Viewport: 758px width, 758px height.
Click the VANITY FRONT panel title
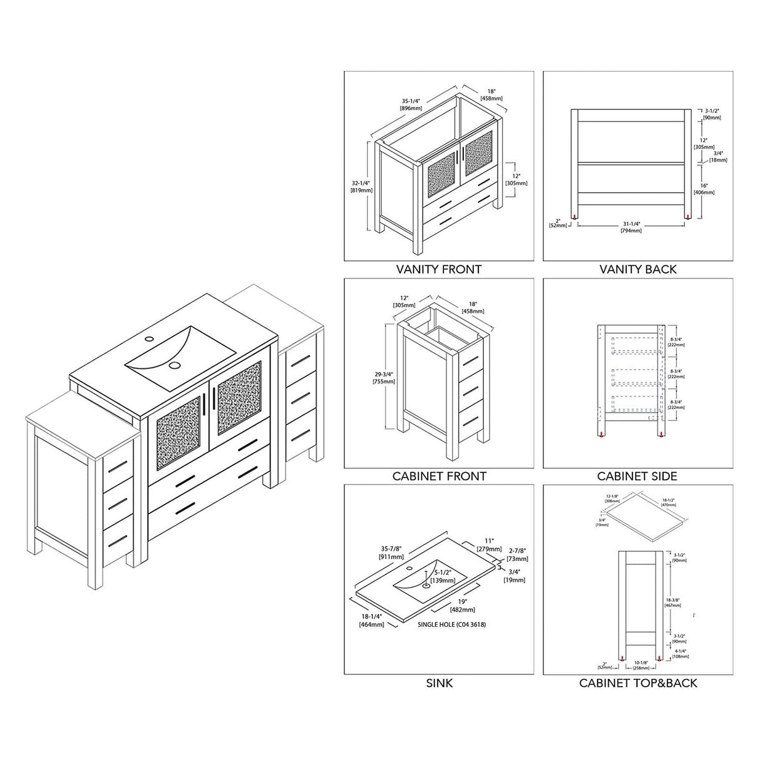pos(439,270)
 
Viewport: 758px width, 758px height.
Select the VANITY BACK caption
pos(637,270)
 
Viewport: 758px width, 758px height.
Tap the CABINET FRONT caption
pos(439,476)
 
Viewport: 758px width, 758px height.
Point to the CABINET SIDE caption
pos(637,476)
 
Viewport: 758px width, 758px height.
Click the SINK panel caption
pos(439,683)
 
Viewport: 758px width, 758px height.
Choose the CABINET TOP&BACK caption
pos(637,683)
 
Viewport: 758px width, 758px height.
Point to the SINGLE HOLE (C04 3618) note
pos(451,624)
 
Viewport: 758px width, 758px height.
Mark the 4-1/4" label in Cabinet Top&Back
pos(681,653)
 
